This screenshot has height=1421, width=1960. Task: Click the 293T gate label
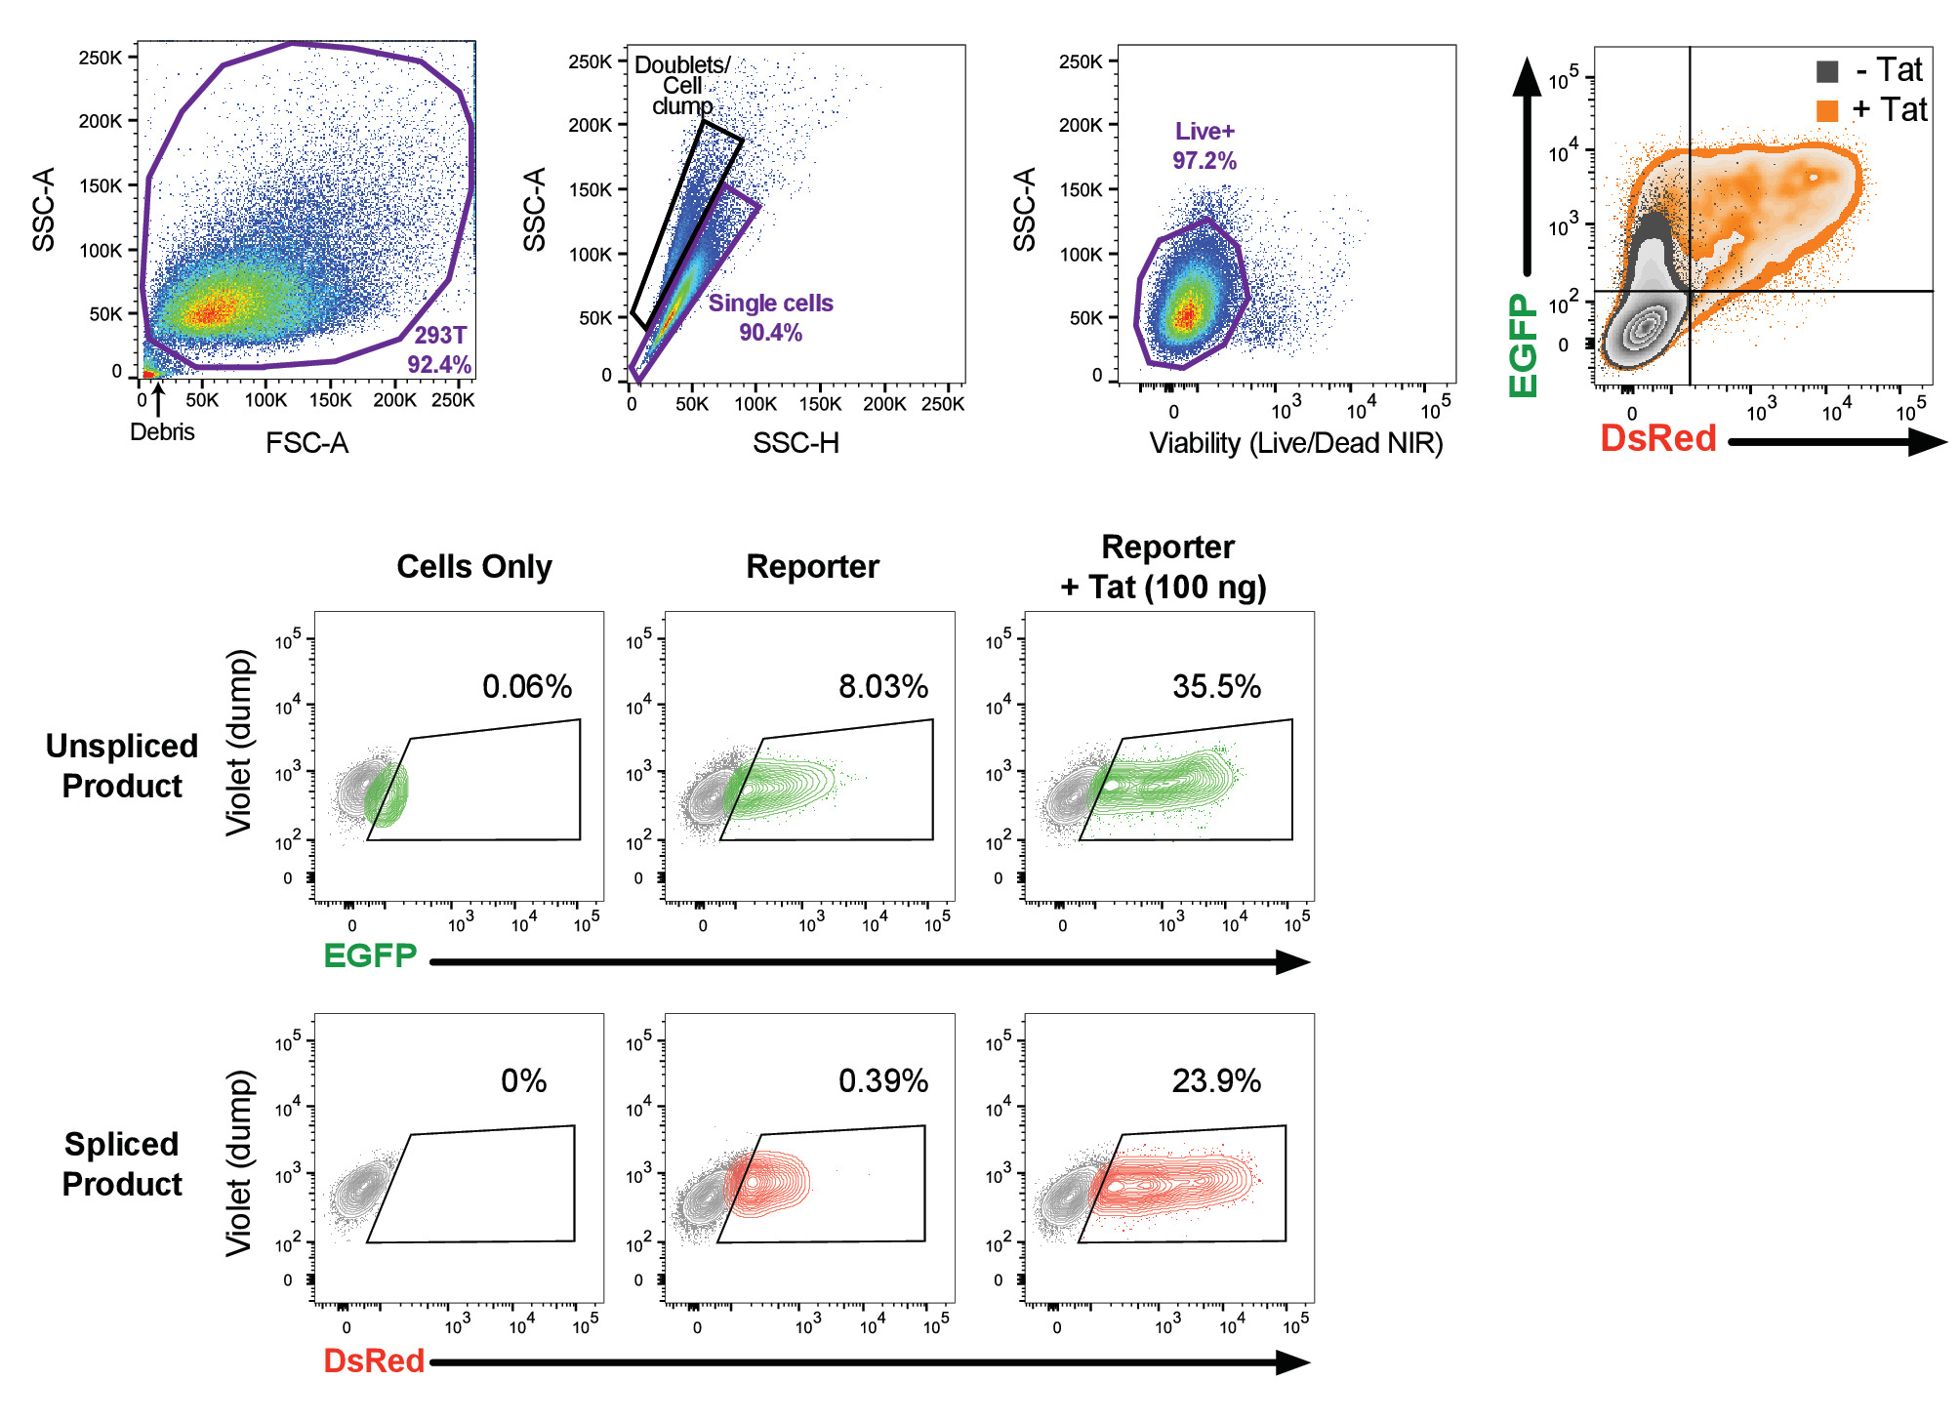point(440,335)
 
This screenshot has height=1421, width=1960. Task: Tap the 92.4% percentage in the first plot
point(439,364)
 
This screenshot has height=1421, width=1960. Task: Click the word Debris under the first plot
point(162,431)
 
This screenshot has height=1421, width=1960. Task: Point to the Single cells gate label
point(770,304)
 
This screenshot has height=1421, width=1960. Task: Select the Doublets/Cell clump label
point(682,85)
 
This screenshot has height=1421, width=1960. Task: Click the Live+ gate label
point(1205,131)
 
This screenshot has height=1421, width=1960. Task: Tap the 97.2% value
point(1205,160)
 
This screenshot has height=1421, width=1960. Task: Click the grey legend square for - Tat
point(1827,71)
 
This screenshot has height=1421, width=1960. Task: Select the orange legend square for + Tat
point(1827,110)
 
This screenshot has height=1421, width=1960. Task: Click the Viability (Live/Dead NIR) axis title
point(1295,443)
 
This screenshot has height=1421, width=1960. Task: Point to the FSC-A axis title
point(306,443)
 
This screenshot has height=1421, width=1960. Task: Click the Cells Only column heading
point(474,566)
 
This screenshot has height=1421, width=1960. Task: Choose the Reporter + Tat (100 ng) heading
point(1165,567)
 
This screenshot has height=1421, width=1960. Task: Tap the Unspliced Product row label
point(122,765)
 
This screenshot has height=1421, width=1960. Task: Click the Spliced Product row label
point(122,1163)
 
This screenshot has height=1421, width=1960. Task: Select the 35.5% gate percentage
point(1216,686)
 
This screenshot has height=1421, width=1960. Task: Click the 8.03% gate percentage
point(883,686)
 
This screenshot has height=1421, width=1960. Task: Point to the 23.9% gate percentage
point(1216,1080)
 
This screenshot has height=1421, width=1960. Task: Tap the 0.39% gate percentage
point(883,1080)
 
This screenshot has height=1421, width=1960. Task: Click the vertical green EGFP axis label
point(1524,345)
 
